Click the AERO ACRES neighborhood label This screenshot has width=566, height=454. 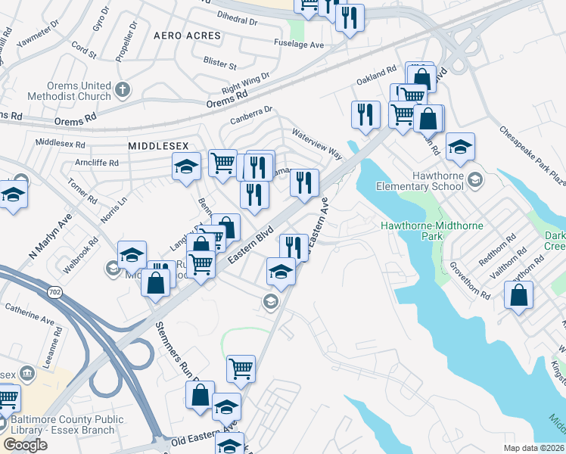(187, 36)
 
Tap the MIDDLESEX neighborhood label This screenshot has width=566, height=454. (158, 145)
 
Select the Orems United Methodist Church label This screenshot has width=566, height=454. (69, 92)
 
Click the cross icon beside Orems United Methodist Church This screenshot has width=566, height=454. (123, 92)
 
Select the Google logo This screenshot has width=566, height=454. (25, 444)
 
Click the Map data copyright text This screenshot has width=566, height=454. (534, 448)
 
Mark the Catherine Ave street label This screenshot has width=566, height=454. (27, 309)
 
